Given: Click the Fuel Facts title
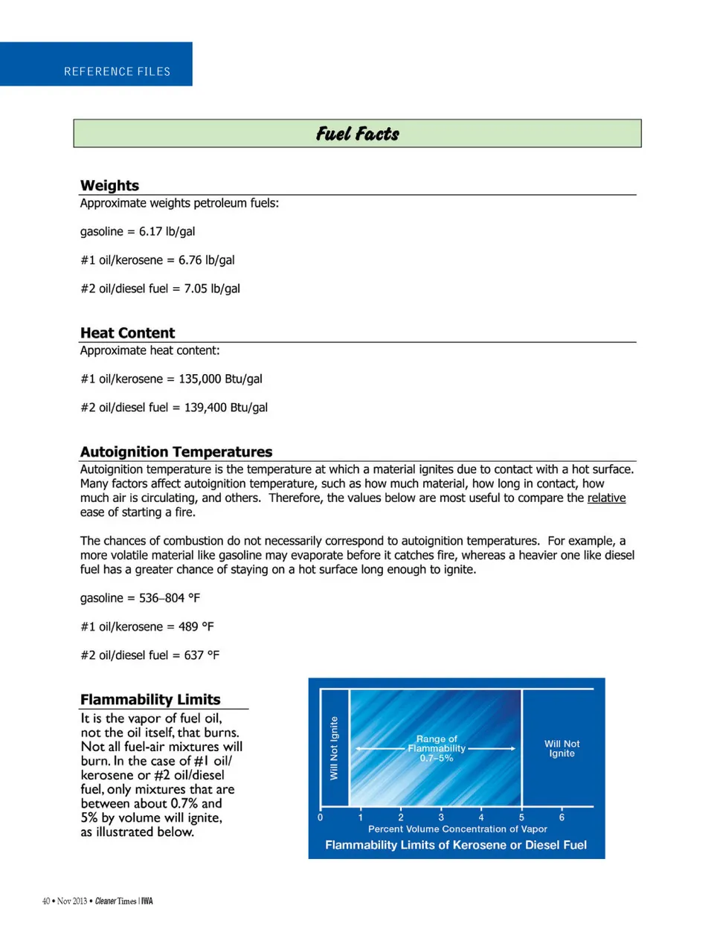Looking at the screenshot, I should [x=357, y=134].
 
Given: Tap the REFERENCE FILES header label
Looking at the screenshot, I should [x=117, y=71].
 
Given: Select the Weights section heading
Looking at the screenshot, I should [x=109, y=185].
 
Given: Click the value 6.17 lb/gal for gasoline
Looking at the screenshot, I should [x=167, y=231].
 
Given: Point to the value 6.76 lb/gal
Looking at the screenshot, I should [x=206, y=260].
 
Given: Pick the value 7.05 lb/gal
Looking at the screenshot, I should [x=212, y=289].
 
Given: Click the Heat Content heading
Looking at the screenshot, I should [x=127, y=332].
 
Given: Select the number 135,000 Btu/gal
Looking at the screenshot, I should [x=220, y=379].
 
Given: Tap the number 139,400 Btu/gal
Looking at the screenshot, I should [x=225, y=408].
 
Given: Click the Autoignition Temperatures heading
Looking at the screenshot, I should [x=176, y=451].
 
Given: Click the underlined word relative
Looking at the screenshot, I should [x=606, y=498].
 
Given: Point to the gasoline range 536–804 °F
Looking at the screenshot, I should [x=170, y=598].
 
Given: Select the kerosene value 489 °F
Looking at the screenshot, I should [x=196, y=626].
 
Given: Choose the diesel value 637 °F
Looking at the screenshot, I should [x=202, y=655].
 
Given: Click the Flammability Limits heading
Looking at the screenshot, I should [x=150, y=699].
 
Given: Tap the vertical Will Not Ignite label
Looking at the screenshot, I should [x=334, y=747].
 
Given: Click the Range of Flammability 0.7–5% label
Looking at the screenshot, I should [x=437, y=748].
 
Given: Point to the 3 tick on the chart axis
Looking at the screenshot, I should [x=441, y=817].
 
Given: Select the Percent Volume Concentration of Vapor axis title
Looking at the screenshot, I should [x=457, y=829].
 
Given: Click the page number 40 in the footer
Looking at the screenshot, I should [x=46, y=901].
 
